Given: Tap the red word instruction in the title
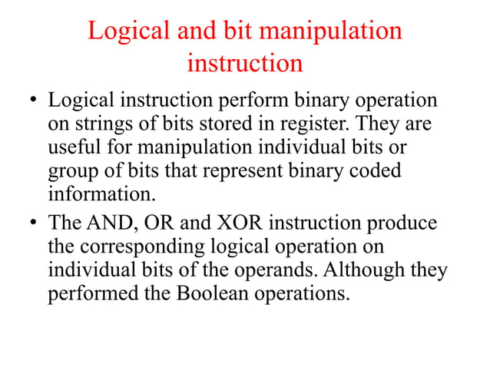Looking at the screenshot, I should coord(245,62).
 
